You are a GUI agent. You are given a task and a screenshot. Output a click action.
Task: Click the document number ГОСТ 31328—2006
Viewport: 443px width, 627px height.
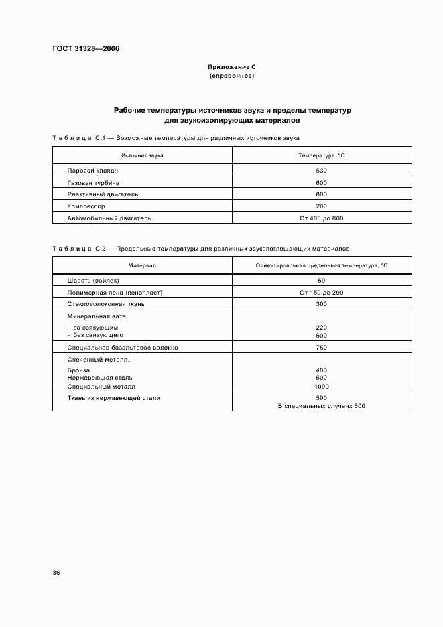(x=81, y=48)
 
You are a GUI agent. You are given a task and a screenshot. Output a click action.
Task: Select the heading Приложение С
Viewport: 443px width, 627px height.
(x=232, y=68)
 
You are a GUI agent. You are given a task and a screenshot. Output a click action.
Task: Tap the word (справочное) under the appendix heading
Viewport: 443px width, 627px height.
(x=232, y=76)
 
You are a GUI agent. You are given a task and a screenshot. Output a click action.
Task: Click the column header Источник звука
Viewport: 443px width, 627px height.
(x=142, y=155)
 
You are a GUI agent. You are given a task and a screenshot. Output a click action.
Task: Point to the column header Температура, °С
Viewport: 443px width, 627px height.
(x=321, y=155)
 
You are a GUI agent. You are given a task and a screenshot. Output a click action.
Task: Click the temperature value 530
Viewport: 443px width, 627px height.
(x=321, y=171)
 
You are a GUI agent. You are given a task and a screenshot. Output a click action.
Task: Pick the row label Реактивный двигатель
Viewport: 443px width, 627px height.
(x=103, y=194)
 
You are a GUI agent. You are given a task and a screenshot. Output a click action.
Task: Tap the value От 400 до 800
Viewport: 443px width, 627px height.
(x=321, y=218)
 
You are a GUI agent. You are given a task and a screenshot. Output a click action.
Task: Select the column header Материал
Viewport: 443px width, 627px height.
(x=142, y=266)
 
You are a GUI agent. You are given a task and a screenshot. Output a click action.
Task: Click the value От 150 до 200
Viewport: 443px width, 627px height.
(x=321, y=293)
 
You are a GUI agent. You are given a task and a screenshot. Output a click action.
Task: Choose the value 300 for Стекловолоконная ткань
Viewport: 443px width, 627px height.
(x=321, y=304)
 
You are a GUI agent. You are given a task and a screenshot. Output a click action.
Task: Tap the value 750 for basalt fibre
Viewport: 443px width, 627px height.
(x=321, y=348)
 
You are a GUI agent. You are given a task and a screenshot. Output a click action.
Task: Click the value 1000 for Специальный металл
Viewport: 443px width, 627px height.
(x=321, y=387)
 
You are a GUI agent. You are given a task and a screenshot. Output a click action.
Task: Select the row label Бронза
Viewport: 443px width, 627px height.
(x=78, y=370)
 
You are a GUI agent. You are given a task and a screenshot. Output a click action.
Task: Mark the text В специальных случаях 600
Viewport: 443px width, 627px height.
(x=321, y=406)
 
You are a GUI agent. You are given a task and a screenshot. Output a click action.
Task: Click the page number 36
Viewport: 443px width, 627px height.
(x=56, y=573)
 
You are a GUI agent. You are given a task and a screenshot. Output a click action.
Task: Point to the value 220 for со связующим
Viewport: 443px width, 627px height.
(x=321, y=327)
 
